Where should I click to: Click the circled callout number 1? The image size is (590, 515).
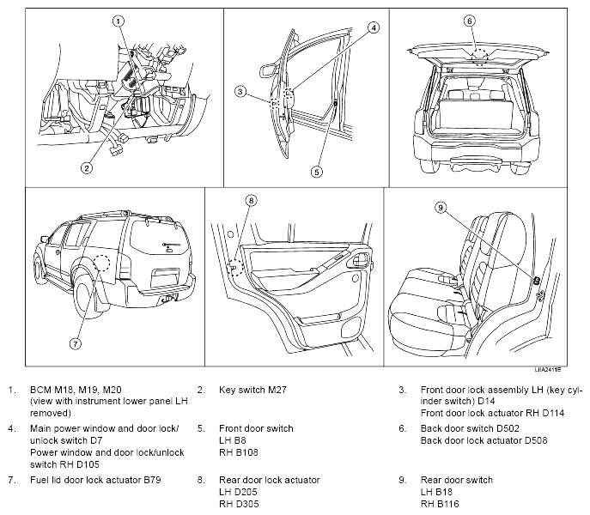click(x=119, y=21)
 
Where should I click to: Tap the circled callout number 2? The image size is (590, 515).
click(x=87, y=167)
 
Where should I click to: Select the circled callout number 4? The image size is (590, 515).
click(x=374, y=27)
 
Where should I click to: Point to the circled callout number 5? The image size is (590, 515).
click(x=316, y=172)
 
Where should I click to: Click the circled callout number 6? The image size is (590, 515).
click(x=469, y=21)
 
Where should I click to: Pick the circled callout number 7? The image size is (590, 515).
click(x=76, y=343)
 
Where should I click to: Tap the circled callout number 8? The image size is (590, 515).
click(x=252, y=201)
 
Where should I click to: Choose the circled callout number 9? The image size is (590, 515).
click(x=441, y=207)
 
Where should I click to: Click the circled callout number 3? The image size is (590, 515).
click(x=240, y=92)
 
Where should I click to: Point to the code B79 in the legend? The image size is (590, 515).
click(x=152, y=480)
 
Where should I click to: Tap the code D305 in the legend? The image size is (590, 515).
click(x=246, y=504)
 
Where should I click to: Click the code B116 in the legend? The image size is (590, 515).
click(x=447, y=504)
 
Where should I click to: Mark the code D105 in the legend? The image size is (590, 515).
click(x=87, y=464)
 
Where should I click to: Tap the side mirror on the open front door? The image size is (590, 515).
click(x=268, y=70)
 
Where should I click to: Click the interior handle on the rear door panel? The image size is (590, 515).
click(x=362, y=259)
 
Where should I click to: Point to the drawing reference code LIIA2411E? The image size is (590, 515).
click(x=548, y=370)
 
